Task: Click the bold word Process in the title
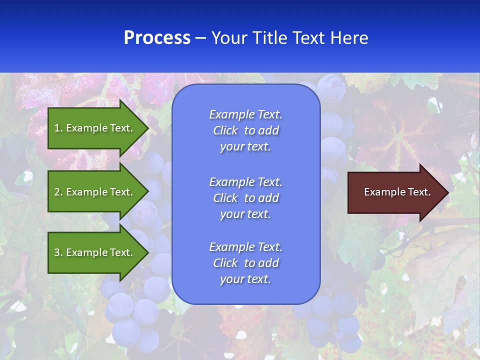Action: coord(157,38)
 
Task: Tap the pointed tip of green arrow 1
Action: coord(147,128)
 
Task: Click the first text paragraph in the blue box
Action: coord(245,130)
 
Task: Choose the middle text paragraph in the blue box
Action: coord(245,198)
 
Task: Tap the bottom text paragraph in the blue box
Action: coord(245,263)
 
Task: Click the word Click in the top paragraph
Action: coord(225,130)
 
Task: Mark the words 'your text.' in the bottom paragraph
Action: coord(245,279)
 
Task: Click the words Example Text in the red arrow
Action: coord(397,192)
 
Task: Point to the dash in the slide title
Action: coord(200,38)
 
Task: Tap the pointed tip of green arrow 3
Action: coord(147,252)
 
